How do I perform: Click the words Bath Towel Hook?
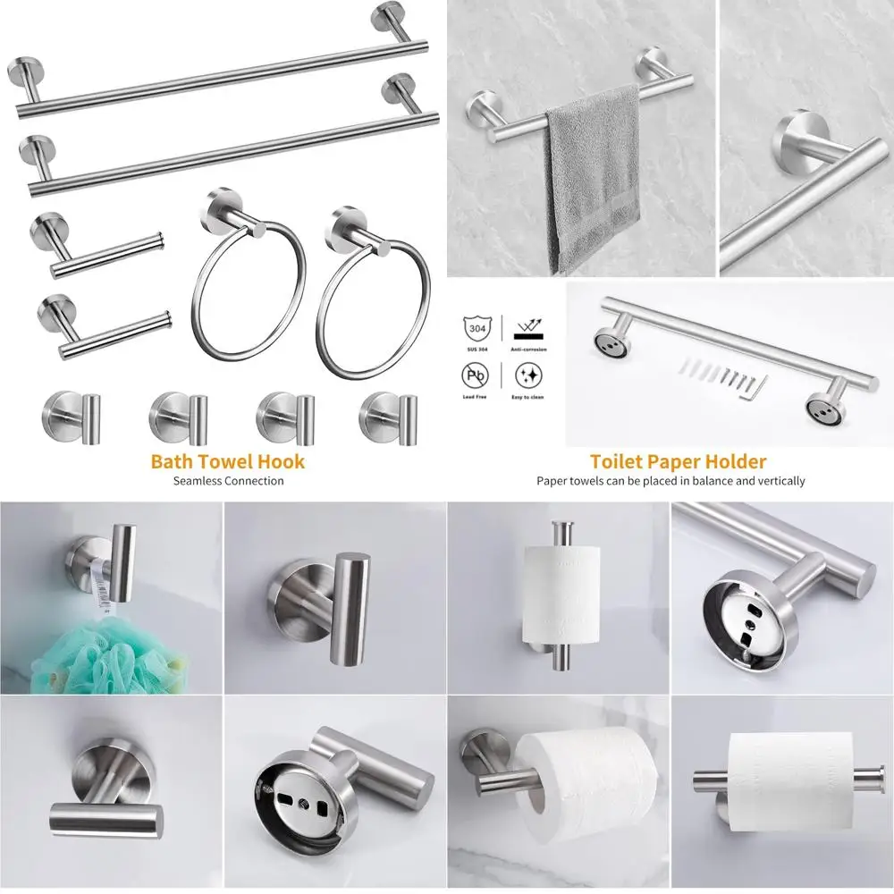click(x=227, y=461)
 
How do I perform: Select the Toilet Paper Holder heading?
click(x=678, y=461)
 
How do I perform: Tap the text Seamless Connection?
click(x=228, y=481)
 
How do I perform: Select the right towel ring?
click(x=364, y=299)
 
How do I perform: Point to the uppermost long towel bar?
click(x=223, y=72)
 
